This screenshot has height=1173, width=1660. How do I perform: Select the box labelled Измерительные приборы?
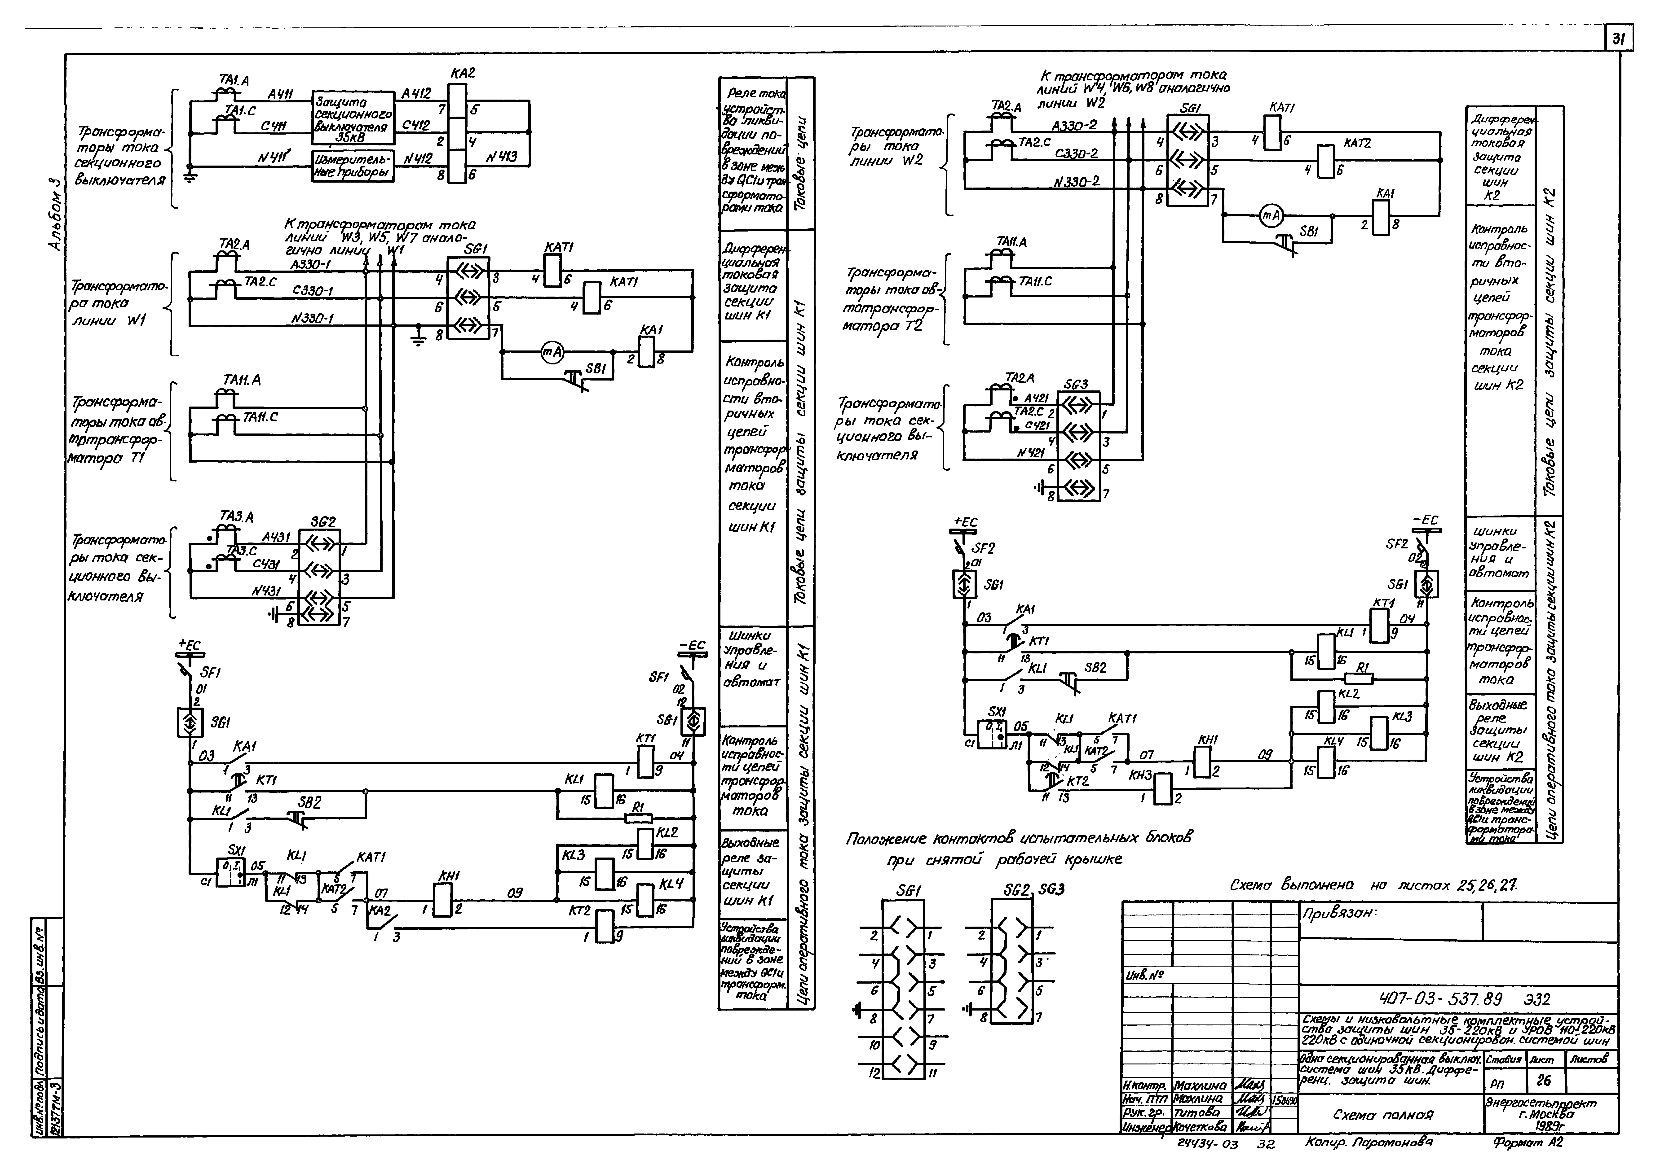point(353,166)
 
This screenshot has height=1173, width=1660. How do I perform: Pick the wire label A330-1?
point(311,265)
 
